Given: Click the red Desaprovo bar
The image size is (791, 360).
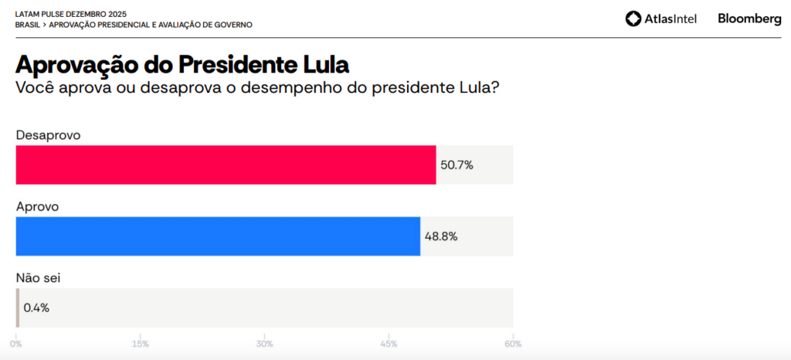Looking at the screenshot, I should click(226, 165).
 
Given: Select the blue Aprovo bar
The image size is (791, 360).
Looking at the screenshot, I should click(218, 236).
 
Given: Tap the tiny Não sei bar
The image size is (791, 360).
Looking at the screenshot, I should click(18, 307).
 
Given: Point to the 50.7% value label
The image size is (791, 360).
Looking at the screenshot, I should click(456, 165).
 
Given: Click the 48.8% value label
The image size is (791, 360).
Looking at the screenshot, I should click(440, 236).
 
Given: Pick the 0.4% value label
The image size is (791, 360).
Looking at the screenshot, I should click(36, 307).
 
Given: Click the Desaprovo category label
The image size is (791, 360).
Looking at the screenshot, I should click(49, 135).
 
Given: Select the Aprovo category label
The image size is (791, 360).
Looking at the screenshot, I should click(38, 207).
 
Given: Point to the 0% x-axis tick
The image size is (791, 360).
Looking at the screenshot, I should click(15, 344).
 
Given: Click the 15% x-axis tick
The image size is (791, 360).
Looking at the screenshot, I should click(141, 344).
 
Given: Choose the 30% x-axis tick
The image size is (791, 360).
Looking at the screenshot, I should click(265, 344).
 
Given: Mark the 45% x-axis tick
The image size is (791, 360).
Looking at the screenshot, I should click(389, 344).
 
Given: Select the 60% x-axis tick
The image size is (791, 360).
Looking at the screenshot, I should click(513, 344).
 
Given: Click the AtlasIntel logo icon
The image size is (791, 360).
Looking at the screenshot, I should click(633, 19).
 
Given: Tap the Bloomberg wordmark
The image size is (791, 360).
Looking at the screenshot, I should click(749, 19).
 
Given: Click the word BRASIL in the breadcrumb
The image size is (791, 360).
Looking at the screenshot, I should click(28, 25).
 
